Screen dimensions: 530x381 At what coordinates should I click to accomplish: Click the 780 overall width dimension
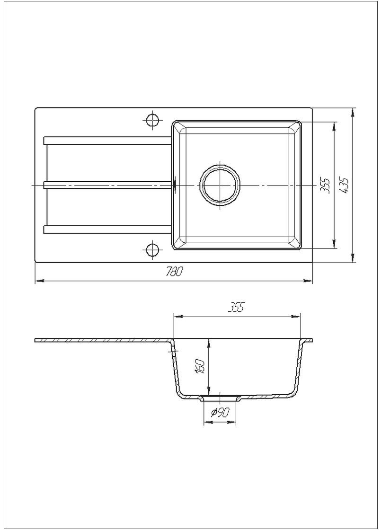174,272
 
